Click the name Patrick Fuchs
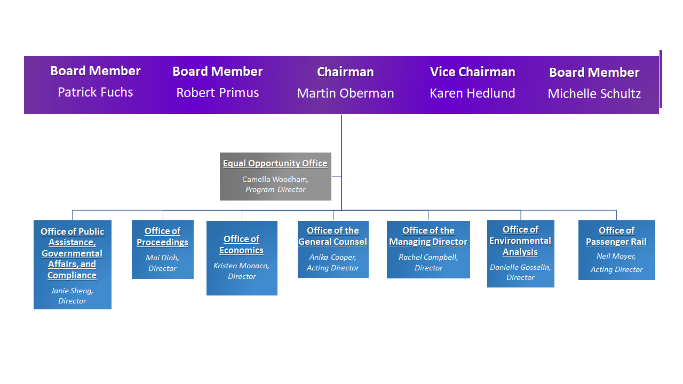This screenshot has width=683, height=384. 95,92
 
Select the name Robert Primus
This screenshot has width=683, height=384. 217,93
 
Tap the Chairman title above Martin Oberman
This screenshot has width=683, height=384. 345,72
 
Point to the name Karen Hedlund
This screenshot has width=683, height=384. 472,93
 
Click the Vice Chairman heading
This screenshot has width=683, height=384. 472,72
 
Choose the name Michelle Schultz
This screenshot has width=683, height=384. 594,94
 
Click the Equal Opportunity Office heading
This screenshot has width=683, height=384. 275,163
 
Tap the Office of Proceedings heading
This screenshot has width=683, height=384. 162,237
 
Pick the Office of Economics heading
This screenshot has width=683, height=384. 241,245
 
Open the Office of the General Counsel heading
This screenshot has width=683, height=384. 332,236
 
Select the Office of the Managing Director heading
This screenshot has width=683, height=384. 428,236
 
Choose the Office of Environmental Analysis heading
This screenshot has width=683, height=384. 520,241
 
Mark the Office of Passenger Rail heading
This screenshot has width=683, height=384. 616,236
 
